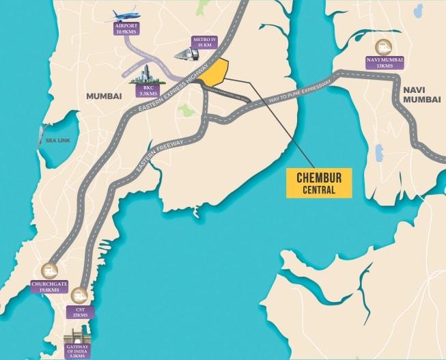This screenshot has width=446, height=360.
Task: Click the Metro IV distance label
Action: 204,43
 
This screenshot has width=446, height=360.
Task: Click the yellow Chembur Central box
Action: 319,182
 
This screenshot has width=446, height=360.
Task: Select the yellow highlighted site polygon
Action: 214,73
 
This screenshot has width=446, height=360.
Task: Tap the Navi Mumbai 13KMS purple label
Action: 389,64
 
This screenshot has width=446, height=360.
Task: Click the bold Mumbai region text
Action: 104,97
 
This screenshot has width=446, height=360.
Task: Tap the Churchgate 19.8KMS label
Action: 48,286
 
